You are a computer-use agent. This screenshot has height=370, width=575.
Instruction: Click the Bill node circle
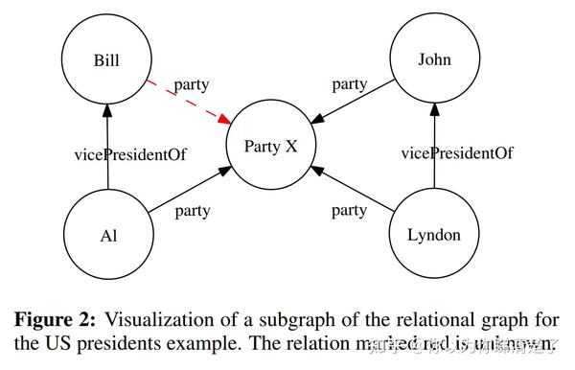(107, 60)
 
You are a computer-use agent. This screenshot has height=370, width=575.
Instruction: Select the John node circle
(433, 60)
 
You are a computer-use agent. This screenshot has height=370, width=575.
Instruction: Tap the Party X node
(271, 147)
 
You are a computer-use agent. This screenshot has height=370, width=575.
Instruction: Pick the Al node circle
(107, 235)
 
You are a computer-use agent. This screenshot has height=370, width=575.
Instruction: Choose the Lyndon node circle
(433, 235)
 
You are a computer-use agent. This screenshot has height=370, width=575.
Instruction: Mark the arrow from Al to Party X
(187, 192)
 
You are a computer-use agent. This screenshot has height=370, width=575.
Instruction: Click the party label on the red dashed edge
(192, 84)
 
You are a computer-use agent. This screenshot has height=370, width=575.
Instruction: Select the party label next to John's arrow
(350, 84)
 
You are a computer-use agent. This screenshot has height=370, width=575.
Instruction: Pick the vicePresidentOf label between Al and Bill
(130, 153)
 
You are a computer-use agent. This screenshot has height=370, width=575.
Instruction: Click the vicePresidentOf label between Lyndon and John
(457, 153)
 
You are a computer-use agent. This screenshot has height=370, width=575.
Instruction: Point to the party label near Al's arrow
(192, 211)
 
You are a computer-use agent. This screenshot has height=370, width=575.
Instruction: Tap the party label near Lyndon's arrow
(348, 211)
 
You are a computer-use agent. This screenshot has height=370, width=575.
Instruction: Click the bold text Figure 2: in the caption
(58, 319)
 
